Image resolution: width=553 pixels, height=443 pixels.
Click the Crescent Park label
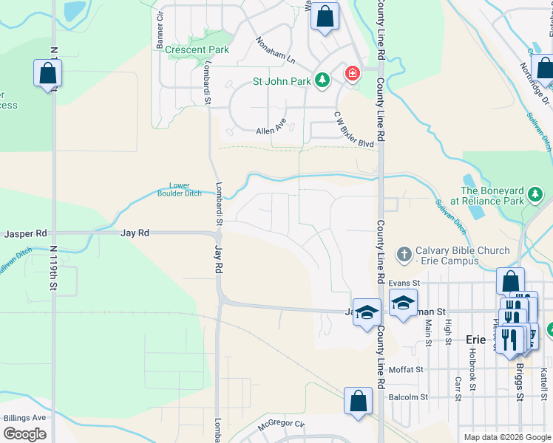click(x=197, y=50)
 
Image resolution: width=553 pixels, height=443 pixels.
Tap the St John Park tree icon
click(x=322, y=79)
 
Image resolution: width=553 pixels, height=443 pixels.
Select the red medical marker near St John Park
click(x=352, y=74)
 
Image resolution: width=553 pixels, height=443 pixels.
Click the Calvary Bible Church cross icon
click(x=404, y=255)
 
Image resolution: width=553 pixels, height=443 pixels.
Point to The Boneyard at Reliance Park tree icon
click(x=535, y=196)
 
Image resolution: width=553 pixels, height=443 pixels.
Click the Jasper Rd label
click(x=26, y=233)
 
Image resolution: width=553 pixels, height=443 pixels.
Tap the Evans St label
click(x=404, y=283)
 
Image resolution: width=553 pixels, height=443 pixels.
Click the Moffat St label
click(x=408, y=369)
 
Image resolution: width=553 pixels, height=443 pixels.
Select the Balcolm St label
click(x=408, y=397)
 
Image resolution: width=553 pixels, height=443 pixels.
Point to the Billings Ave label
click(x=24, y=418)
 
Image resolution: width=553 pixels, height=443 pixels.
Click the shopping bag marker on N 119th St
click(x=47, y=74)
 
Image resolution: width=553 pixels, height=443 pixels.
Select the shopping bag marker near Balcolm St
click(x=358, y=402)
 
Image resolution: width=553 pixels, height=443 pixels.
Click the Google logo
click(x=25, y=434)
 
